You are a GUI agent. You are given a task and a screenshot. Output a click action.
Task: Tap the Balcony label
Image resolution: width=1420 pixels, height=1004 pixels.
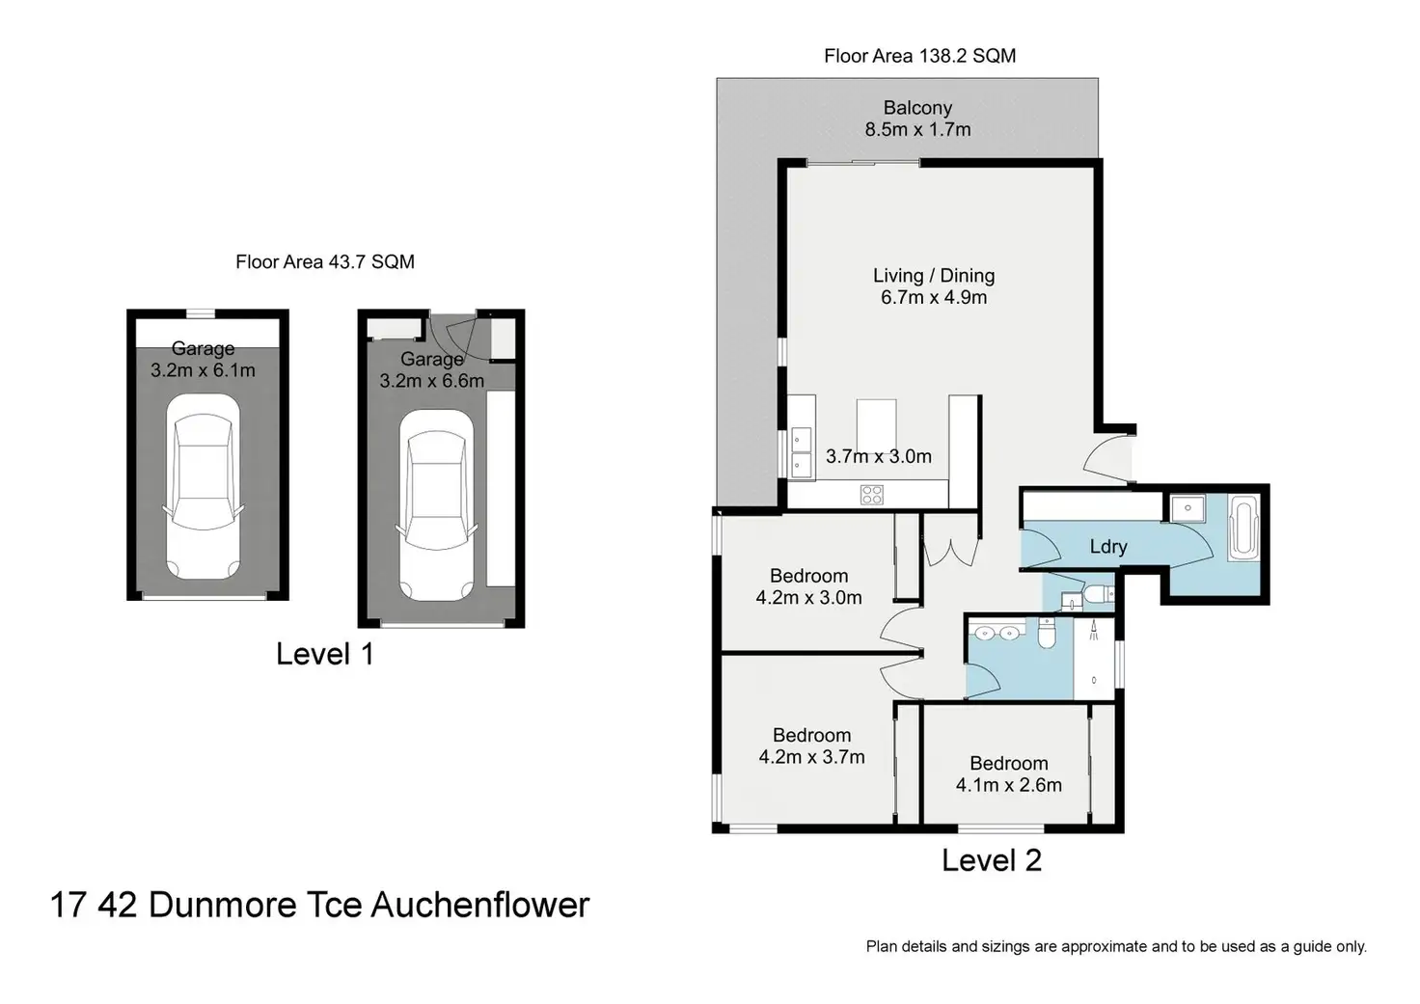tap(917, 108)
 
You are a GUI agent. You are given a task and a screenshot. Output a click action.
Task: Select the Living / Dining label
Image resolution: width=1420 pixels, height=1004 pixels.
tap(934, 276)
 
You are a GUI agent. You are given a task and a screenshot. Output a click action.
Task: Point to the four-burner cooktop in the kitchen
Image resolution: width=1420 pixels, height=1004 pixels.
tap(872, 495)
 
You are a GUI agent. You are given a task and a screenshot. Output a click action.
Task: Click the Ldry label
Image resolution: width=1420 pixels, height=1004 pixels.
tap(1108, 547)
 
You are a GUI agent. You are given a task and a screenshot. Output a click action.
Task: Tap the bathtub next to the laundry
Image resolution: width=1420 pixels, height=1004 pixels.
tap(1242, 528)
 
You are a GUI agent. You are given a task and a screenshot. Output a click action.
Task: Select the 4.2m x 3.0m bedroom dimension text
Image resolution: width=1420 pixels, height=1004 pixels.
tap(808, 598)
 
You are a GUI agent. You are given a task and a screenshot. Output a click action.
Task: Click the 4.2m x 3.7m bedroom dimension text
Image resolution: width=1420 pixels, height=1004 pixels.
tap(811, 757)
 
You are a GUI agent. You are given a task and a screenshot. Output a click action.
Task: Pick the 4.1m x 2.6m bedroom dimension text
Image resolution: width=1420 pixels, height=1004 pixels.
tap(1008, 785)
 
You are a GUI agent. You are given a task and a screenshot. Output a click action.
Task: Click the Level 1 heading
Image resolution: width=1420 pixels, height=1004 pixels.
tap(324, 654)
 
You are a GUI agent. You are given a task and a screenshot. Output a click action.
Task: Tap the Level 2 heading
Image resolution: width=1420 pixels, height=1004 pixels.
tap(992, 860)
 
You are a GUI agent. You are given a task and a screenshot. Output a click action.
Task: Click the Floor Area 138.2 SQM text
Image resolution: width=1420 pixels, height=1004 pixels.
tap(919, 56)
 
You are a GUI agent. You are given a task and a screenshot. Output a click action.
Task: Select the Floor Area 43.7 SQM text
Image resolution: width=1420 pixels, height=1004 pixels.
tap(325, 261)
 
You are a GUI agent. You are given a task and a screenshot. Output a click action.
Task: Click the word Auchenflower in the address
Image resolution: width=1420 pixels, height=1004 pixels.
tap(479, 905)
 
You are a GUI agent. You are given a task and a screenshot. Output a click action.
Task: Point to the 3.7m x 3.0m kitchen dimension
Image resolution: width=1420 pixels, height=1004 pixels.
tap(878, 456)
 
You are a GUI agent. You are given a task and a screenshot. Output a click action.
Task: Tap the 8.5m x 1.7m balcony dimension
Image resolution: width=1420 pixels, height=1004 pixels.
tap(917, 129)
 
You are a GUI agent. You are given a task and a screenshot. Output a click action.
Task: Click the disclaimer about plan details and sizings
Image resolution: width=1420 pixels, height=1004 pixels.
tap(1115, 946)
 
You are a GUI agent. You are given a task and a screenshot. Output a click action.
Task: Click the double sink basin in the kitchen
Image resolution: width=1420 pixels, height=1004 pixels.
tap(802, 452)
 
